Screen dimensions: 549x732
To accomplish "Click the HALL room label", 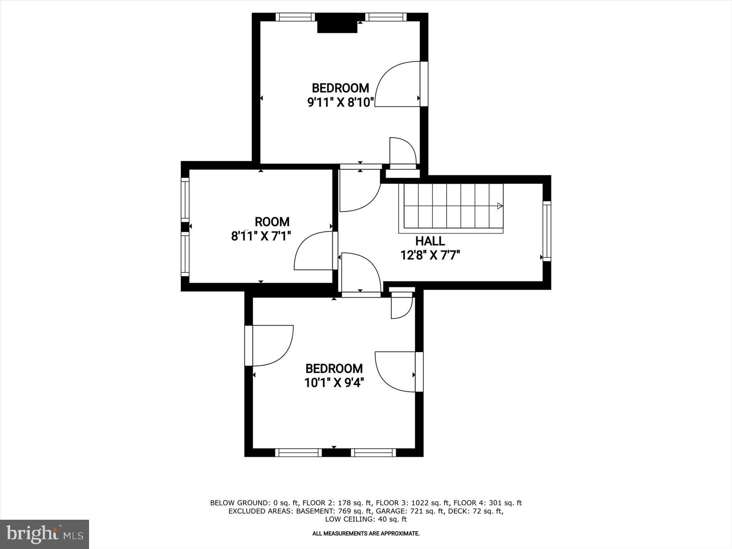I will (x=430, y=241).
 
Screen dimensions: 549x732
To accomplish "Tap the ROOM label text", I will (x=272, y=222).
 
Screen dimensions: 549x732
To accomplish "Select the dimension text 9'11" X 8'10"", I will (x=340, y=102).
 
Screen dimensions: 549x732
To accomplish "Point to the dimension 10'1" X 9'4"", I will (x=334, y=383).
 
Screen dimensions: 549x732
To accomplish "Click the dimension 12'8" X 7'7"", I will (x=430, y=255).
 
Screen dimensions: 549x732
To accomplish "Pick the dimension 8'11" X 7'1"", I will (x=261, y=236).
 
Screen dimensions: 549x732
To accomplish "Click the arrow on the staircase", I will (x=500, y=206).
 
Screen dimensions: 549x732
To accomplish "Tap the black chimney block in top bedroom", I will (x=337, y=23).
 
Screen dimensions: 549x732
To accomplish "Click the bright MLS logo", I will (x=45, y=534).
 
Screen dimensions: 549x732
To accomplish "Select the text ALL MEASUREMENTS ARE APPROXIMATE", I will (x=366, y=534).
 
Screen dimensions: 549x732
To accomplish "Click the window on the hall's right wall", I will (x=547, y=231).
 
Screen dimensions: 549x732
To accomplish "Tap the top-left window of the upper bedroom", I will (x=296, y=17).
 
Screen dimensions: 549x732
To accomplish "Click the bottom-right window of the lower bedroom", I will (x=373, y=453).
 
